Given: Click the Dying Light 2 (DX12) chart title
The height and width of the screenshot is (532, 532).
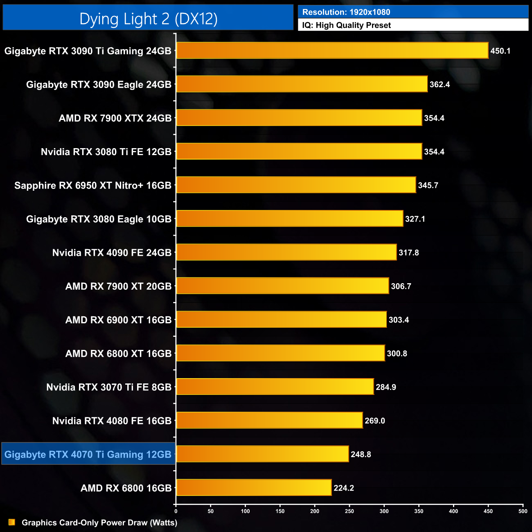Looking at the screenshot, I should point(148,19).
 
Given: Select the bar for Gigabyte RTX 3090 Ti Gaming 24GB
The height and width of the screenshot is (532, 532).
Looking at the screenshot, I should point(332,51).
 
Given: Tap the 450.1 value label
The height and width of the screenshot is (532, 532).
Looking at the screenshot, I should point(500,51).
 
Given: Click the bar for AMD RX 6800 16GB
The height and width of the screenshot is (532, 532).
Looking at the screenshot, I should point(254,487).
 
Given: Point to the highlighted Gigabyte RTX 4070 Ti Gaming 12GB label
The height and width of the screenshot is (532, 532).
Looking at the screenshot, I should point(88,454).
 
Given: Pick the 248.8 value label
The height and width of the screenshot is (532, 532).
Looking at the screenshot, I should point(361,454).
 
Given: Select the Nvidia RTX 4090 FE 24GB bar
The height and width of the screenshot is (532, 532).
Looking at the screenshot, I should point(286,252).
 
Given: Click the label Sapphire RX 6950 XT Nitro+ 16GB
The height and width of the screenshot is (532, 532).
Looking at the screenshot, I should point(93,185).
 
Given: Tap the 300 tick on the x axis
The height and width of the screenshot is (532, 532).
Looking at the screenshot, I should point(384,511).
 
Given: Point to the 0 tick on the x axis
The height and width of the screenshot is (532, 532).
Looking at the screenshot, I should point(176,511).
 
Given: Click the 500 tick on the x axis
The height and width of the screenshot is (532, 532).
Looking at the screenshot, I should point(523,511).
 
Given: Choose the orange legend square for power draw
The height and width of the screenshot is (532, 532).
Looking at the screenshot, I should point(12,522).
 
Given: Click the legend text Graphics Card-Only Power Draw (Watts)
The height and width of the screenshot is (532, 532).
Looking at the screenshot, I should point(99,523).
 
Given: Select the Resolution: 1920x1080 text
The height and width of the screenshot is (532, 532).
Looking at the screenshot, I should point(346,12).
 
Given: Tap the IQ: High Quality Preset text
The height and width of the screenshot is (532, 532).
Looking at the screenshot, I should point(347,25).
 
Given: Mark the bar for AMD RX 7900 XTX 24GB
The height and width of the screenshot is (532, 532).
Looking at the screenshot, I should point(299,118).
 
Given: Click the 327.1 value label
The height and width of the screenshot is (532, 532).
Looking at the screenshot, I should point(415,219).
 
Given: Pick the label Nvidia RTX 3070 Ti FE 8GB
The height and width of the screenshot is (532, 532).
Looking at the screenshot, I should point(109,387).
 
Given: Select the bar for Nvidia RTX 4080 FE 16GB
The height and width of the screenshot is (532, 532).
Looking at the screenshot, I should point(269,420).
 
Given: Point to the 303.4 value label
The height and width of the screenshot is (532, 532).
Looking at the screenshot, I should point(399,320).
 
